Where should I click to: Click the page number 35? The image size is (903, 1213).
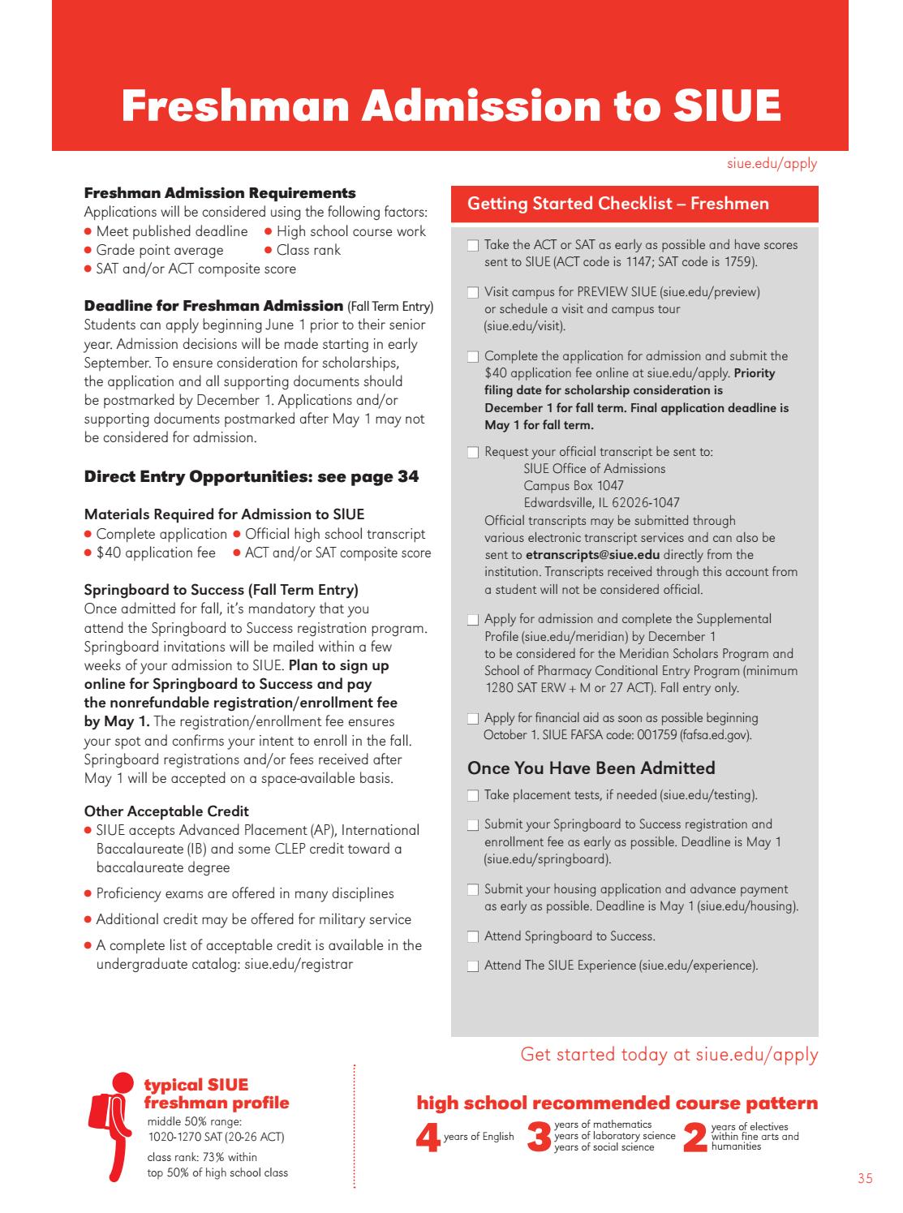tap(865, 1179)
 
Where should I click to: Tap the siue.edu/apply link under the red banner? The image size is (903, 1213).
tap(772, 164)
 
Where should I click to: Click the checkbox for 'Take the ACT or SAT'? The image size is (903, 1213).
tap(473, 246)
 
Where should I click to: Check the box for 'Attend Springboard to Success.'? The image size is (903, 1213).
tap(473, 937)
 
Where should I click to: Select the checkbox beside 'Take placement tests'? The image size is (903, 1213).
tap(473, 796)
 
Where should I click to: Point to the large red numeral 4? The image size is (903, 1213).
tap(427, 1138)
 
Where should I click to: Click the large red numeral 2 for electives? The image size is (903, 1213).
tap(694, 1138)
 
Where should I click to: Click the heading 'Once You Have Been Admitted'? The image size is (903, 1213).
tap(591, 768)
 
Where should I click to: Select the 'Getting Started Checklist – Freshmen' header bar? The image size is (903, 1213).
tap(634, 204)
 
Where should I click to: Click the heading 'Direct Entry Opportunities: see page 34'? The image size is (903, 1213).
tap(252, 476)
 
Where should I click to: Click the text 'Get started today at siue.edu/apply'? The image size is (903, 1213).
tap(669, 1054)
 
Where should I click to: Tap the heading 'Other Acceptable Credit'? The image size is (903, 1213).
tap(166, 811)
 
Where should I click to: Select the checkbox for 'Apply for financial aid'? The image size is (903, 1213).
tap(473, 719)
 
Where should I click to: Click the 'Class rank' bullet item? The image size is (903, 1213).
tap(307, 250)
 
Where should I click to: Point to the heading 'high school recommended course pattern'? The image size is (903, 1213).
tap(617, 1103)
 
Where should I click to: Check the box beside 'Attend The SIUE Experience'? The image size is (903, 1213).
tap(473, 966)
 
